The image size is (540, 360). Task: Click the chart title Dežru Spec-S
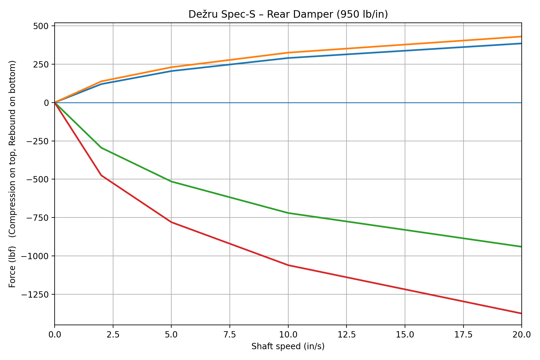288,14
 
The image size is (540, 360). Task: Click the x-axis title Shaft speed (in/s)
288,346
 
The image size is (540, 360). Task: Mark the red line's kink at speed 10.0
288,265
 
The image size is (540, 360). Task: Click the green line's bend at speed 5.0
171,181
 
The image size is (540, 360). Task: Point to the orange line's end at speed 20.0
521,37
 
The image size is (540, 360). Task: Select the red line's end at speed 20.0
521,313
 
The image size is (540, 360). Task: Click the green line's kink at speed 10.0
288,213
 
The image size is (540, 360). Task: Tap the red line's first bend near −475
101,175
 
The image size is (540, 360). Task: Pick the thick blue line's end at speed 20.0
521,43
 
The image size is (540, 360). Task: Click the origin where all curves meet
55,103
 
